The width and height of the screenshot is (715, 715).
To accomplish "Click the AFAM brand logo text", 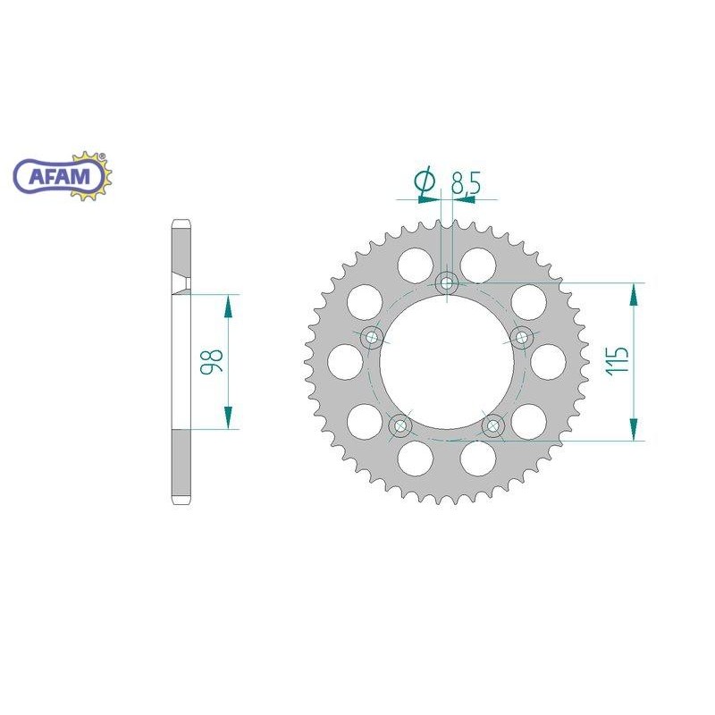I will (62, 176).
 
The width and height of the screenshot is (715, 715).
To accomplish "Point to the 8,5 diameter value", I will (466, 185).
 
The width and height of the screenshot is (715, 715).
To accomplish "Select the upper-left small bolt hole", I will (371, 338).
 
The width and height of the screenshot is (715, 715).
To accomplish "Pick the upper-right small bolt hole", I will (523, 338).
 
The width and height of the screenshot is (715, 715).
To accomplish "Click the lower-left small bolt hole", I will (400, 425).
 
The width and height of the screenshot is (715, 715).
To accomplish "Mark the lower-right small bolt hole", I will (493, 426).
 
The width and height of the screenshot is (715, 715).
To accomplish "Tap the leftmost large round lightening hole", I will (345, 361).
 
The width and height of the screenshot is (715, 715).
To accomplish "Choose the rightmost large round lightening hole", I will (549, 361).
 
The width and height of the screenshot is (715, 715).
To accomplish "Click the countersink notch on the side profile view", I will (181, 285).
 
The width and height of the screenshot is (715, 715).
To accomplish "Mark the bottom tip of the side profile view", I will (180, 503).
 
